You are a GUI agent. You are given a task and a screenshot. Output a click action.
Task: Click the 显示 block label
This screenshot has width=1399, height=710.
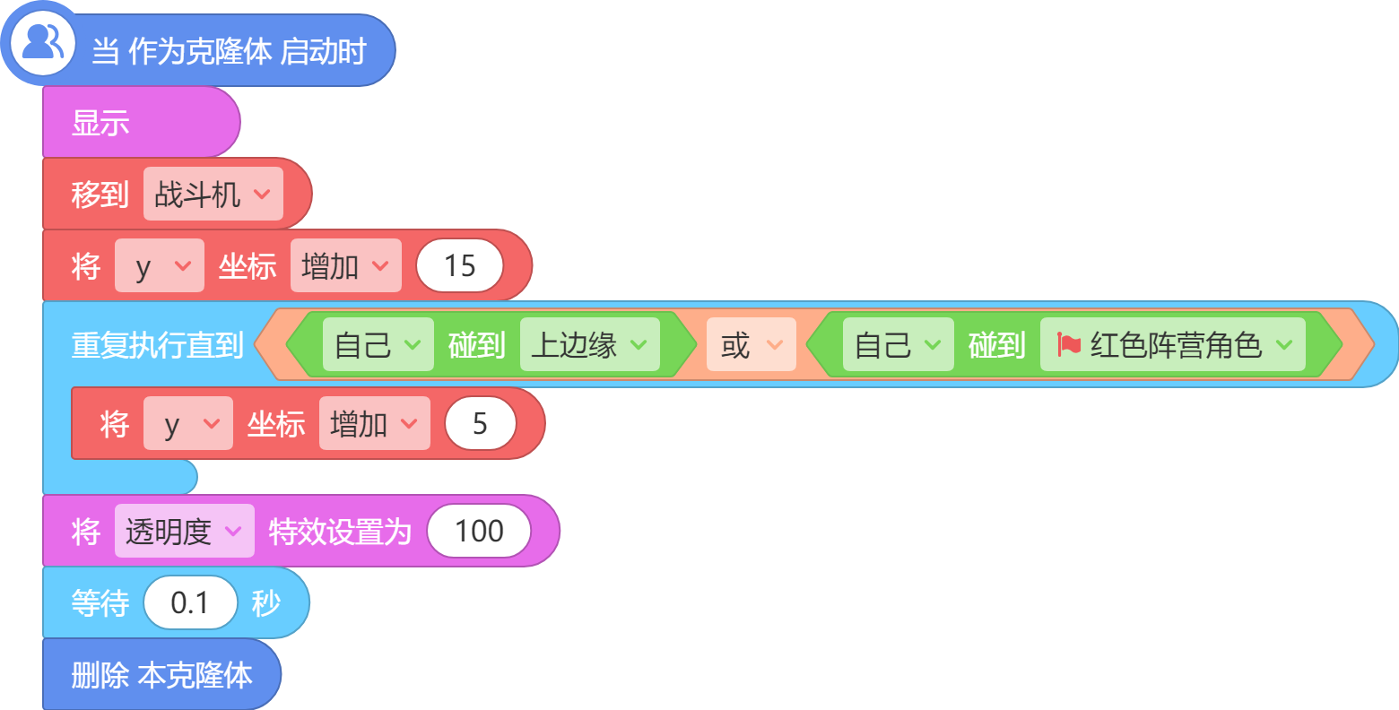(100, 123)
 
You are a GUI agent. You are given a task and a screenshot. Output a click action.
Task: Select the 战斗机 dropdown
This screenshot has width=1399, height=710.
(213, 195)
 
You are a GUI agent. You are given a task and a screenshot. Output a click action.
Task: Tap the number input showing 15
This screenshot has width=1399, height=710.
(460, 266)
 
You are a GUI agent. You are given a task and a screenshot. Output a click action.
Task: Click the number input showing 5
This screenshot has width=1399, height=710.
(481, 424)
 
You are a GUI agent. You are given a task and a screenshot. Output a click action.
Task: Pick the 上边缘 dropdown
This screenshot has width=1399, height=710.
(589, 345)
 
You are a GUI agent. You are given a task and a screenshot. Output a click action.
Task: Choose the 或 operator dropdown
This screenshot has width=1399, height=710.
(752, 345)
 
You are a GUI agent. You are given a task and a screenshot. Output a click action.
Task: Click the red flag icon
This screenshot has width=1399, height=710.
(1069, 344)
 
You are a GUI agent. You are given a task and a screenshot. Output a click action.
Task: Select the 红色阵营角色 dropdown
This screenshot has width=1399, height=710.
(1173, 345)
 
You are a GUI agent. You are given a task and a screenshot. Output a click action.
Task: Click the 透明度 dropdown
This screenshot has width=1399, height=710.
(184, 532)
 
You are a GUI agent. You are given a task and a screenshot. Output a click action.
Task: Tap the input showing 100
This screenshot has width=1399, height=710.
(479, 532)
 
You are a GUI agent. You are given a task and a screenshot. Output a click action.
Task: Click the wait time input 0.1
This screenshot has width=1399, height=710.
(190, 602)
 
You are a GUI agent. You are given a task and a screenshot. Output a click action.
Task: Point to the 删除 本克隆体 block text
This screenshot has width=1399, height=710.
(161, 675)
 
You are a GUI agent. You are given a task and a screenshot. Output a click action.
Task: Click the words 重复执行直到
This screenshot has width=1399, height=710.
(158, 345)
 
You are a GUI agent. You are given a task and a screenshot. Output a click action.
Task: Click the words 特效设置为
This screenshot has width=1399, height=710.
(341, 532)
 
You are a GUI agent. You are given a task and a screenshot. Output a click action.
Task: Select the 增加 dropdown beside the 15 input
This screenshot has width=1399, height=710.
(346, 266)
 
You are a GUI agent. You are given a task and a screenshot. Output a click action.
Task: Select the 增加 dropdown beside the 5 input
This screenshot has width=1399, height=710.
(375, 424)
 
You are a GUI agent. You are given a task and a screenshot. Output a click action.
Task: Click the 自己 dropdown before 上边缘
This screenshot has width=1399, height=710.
(378, 345)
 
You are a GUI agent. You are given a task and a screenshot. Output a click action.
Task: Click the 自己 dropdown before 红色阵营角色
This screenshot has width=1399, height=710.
(898, 345)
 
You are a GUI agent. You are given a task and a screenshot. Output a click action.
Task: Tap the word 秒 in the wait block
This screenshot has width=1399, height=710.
(266, 603)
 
